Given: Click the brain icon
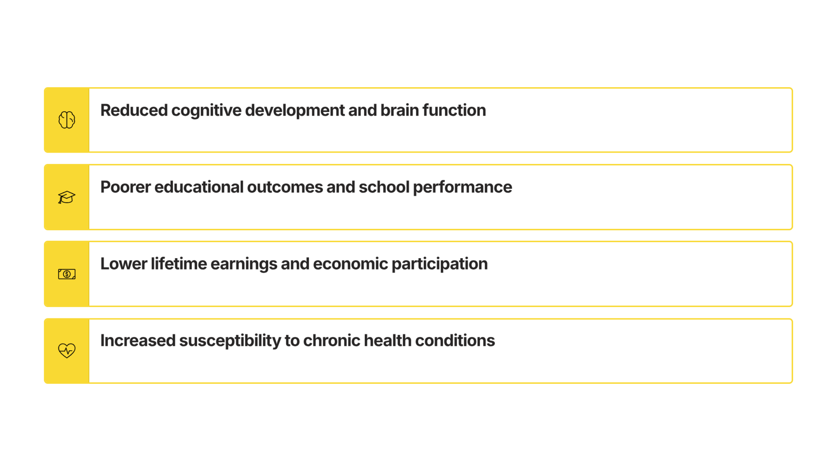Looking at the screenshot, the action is coord(67,120).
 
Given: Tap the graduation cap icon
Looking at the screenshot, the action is coord(67,197).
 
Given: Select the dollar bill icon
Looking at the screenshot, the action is coord(67,274).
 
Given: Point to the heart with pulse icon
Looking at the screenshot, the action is coord(67,351).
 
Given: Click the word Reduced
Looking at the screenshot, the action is coord(134,110).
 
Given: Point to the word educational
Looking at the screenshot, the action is coord(199,187).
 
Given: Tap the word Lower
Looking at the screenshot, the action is coord(124,264).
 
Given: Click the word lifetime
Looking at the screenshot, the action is coord(179,264).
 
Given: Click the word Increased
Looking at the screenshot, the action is coord(138,341).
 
